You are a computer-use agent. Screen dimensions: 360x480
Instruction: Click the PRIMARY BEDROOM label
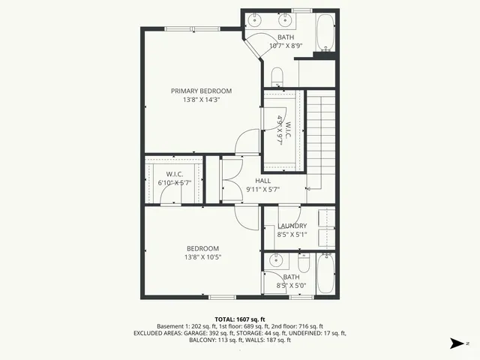pyautogui.click(x=200, y=91)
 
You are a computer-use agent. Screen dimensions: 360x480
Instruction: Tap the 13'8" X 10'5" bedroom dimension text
pyautogui.click(x=202, y=257)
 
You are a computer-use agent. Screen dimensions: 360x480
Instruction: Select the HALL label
pyautogui.click(x=262, y=181)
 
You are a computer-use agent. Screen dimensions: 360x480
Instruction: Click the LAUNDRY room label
pyautogui.click(x=292, y=226)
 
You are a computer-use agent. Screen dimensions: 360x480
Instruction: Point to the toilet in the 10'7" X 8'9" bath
pyautogui.click(x=276, y=74)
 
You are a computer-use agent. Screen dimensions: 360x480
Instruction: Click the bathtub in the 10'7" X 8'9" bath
pyautogui.click(x=325, y=32)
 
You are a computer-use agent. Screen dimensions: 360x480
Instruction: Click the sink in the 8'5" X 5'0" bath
pyautogui.click(x=274, y=262)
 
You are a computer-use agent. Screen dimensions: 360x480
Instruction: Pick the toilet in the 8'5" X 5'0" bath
pyautogui.click(x=304, y=265)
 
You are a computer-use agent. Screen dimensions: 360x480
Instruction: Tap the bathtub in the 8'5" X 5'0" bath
pyautogui.click(x=325, y=274)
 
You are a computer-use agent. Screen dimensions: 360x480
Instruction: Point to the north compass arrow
pyautogui.click(x=456, y=343)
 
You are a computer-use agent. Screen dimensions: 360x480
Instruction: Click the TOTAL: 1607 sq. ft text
pyautogui.click(x=239, y=319)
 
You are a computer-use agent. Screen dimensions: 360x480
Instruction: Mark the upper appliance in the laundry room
pyautogui.click(x=325, y=217)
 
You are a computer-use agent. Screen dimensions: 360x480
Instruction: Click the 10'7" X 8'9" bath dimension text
pyautogui.click(x=286, y=46)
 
